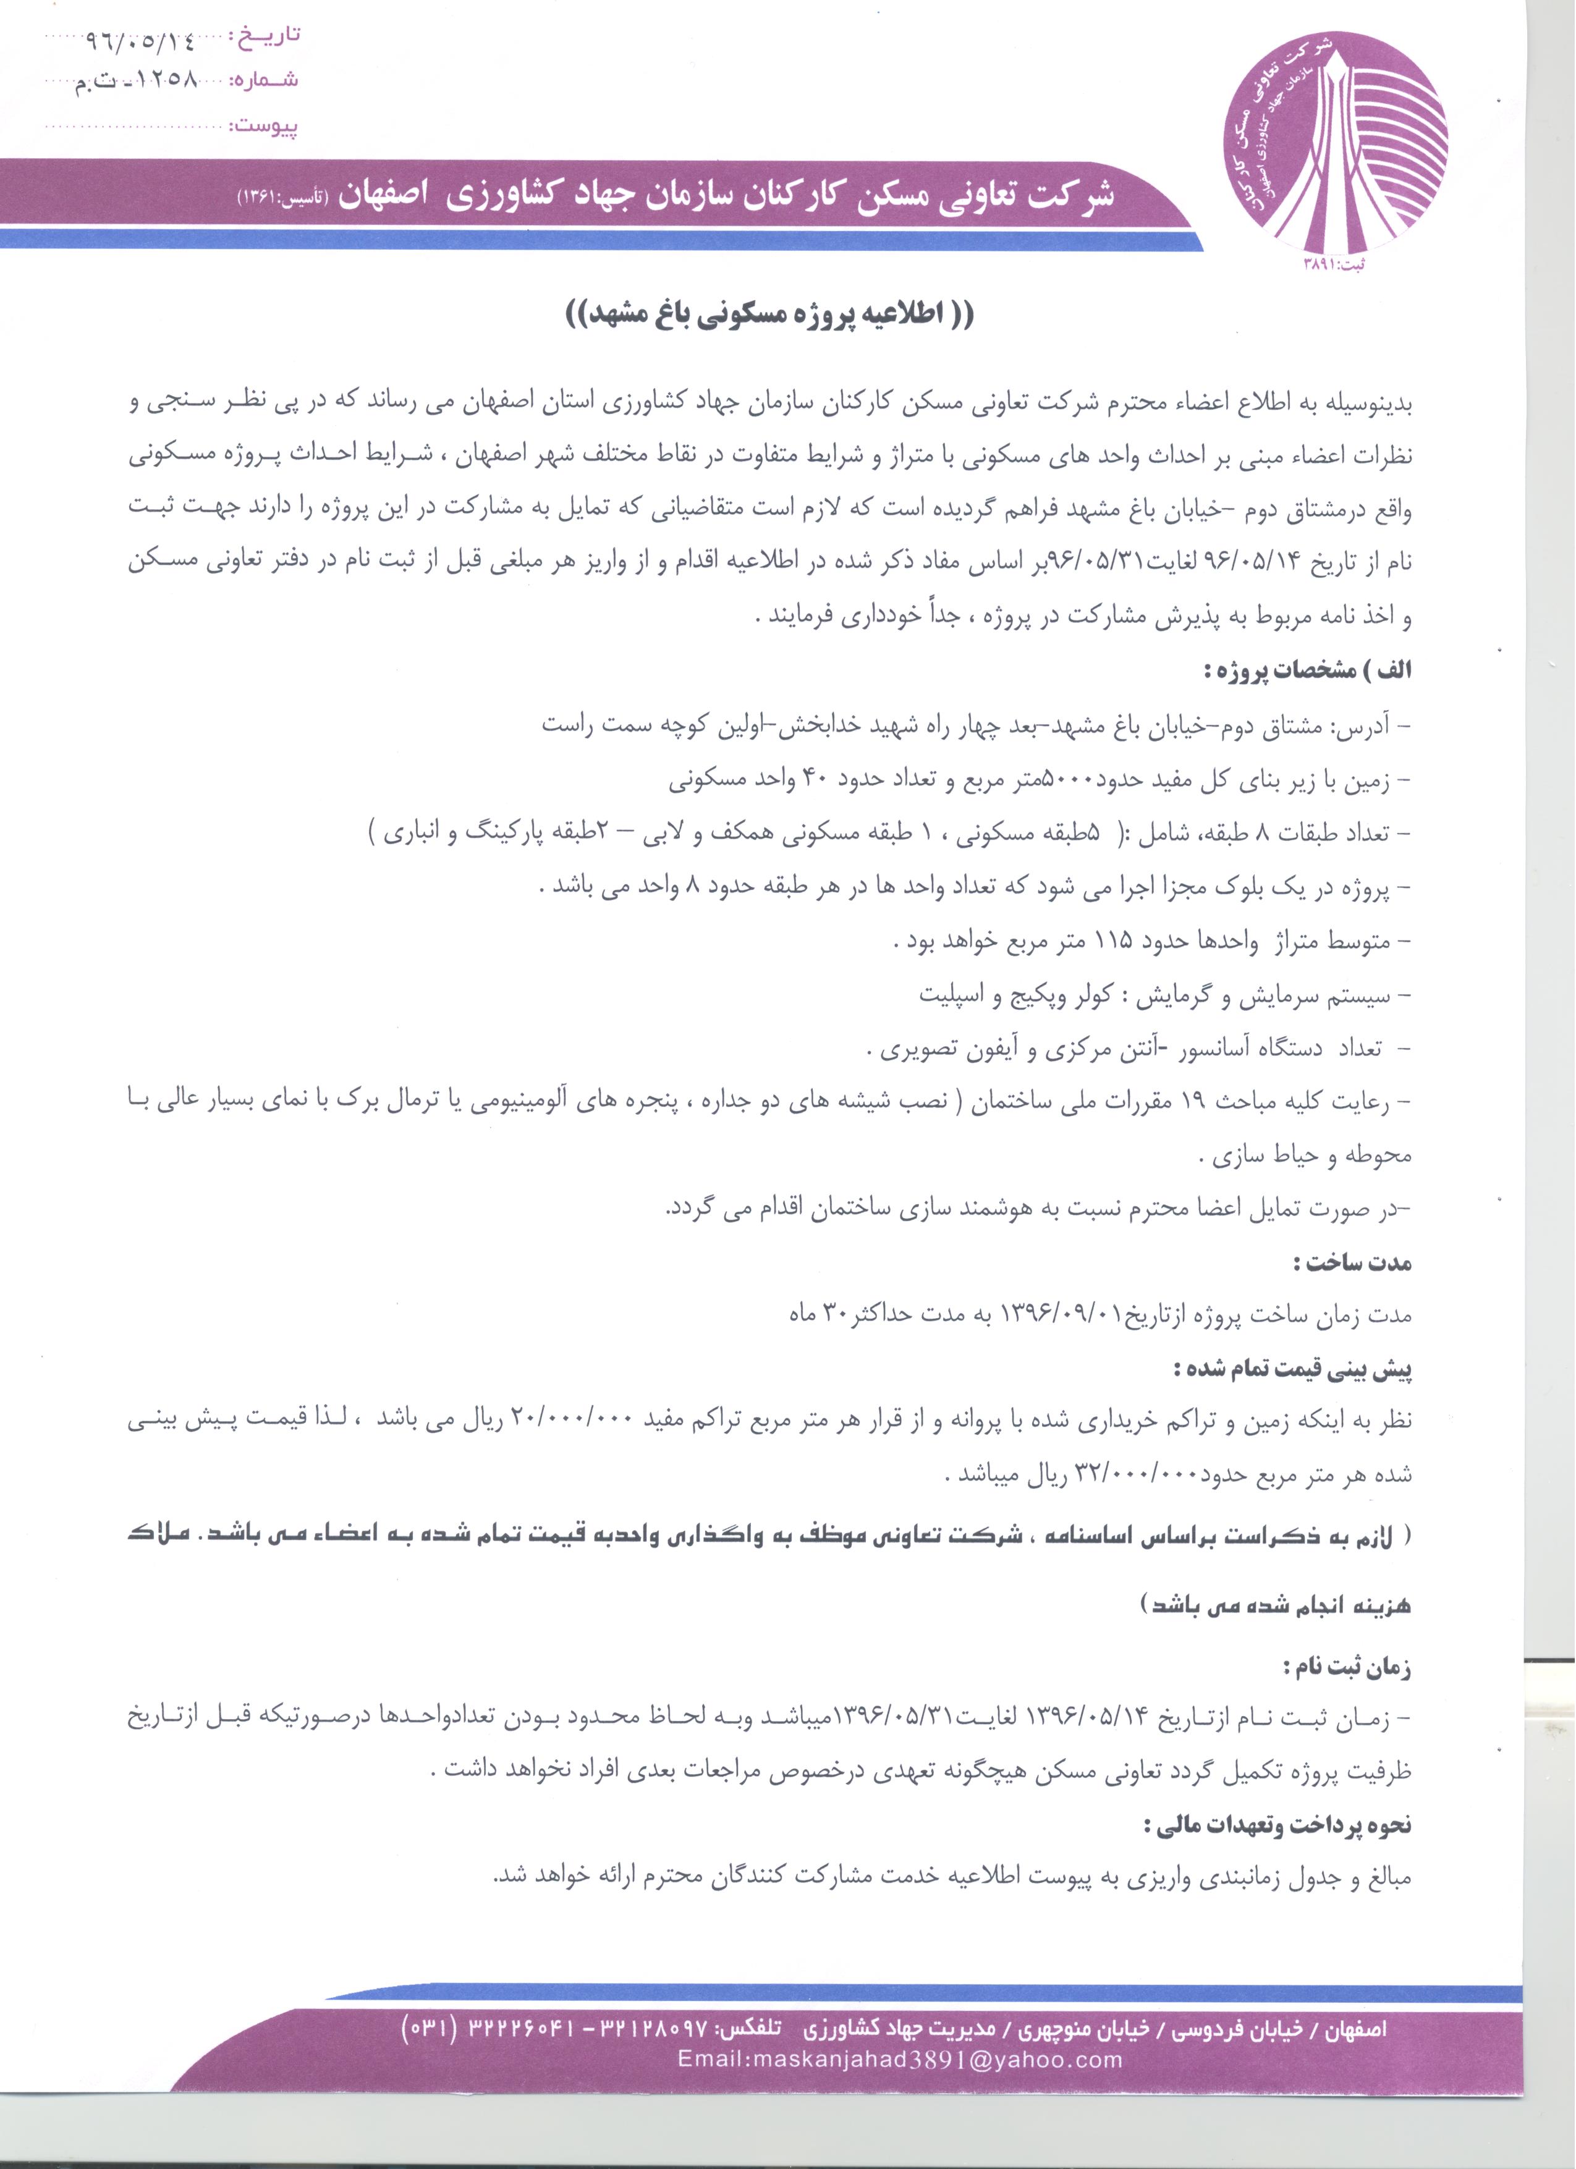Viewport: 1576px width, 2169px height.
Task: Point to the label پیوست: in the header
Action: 265,125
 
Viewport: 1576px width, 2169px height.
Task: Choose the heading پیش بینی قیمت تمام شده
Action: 1293,1369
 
